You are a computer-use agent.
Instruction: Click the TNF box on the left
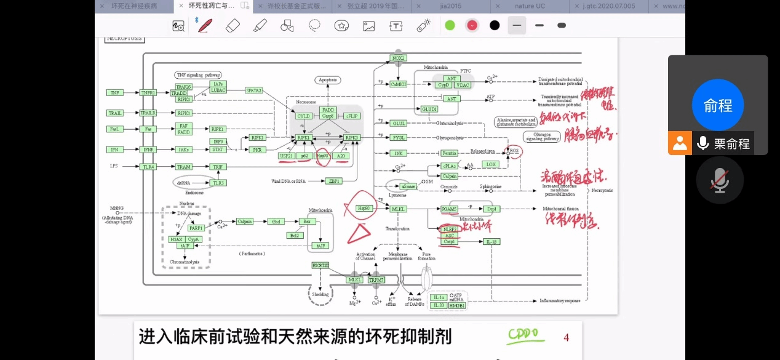click(114, 92)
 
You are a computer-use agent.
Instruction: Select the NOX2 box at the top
click(398, 58)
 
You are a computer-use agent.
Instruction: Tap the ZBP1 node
click(335, 181)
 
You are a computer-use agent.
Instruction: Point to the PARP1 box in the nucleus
click(196, 228)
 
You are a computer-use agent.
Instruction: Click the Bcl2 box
click(295, 235)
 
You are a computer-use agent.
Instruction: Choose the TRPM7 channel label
click(376, 280)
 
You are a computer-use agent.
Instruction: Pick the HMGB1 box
click(457, 305)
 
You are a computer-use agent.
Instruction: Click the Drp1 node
click(491, 209)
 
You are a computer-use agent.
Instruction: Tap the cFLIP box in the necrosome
click(351, 116)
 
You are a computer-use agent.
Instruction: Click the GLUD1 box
click(429, 109)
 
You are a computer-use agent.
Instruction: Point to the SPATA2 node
click(254, 90)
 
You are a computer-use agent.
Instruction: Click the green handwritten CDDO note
click(523, 335)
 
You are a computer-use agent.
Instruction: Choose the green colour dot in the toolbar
click(450, 25)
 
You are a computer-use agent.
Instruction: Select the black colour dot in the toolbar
click(495, 25)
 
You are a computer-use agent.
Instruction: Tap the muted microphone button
click(720, 180)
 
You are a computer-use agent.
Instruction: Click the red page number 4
click(566, 337)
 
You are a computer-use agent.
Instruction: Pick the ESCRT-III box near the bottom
click(320, 265)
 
